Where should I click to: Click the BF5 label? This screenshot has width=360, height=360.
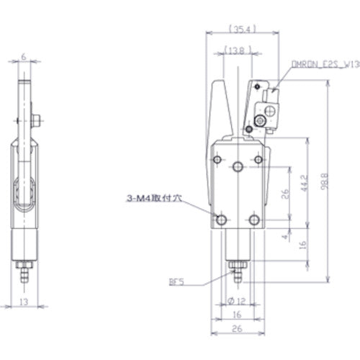click(x=177, y=283)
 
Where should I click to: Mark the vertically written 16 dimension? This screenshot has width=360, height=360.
click(x=305, y=244)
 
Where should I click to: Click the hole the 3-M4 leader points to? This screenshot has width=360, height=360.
click(x=221, y=218)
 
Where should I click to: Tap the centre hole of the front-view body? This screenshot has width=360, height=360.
click(x=238, y=168)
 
